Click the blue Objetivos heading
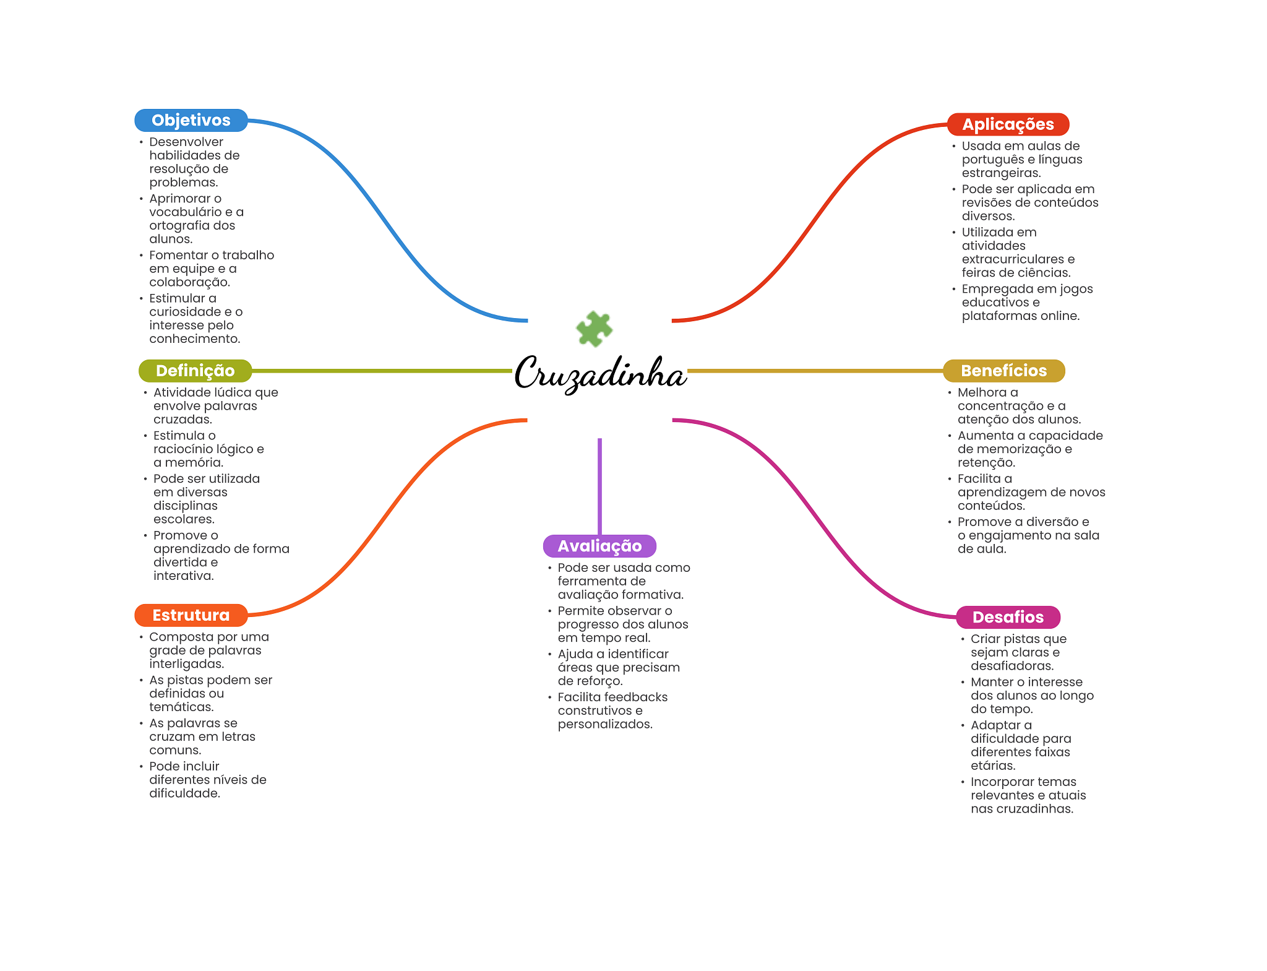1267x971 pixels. click(191, 120)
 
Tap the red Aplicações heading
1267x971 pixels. click(1008, 124)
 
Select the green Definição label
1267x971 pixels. click(195, 371)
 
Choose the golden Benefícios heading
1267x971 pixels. click(1003, 371)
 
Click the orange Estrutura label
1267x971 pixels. click(191, 615)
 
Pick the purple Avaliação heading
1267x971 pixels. click(599, 546)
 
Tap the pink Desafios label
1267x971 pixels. click(1008, 617)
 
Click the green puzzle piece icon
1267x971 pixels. click(594, 329)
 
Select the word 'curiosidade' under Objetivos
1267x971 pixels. click(184, 312)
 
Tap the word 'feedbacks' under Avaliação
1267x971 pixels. click(637, 697)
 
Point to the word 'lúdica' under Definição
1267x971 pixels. click(232, 392)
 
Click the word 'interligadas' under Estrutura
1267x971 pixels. click(186, 664)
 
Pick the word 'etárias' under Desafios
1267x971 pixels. click(992, 766)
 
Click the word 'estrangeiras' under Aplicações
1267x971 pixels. click(1000, 173)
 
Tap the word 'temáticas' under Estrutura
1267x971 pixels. click(181, 707)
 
